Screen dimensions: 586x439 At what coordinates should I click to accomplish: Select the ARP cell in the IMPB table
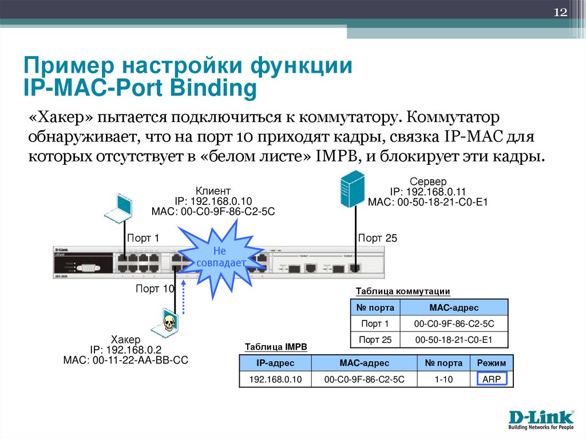point(491,379)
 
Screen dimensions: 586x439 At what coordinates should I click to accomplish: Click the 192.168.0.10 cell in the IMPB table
point(275,379)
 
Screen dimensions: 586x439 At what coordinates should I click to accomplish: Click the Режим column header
point(491,363)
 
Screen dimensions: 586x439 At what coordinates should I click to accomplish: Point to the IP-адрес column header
point(275,363)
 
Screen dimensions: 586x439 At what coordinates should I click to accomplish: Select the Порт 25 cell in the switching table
point(375,340)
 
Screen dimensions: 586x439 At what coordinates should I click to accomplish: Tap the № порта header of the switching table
point(375,308)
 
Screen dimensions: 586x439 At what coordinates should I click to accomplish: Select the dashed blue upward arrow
point(184,295)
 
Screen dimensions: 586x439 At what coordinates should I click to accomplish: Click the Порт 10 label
point(154,289)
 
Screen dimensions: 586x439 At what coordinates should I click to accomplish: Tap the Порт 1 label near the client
point(143,239)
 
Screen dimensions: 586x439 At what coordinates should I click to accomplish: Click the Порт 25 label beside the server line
point(377,239)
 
